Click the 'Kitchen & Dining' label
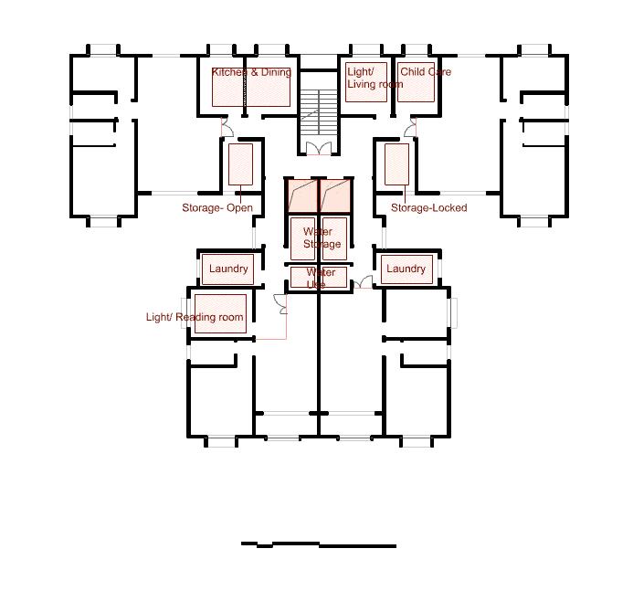click(251, 72)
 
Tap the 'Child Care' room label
click(426, 72)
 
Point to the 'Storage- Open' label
click(217, 208)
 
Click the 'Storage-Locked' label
click(428, 208)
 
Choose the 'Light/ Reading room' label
click(195, 318)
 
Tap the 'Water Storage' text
click(322, 237)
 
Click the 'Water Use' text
click(320, 278)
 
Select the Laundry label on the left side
click(228, 269)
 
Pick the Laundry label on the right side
click(406, 269)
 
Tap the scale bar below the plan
click(319, 545)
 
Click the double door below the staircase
click(319, 149)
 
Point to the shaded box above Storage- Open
click(240, 164)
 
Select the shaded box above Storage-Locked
click(396, 164)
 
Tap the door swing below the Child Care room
click(410, 128)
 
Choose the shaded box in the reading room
click(220, 313)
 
